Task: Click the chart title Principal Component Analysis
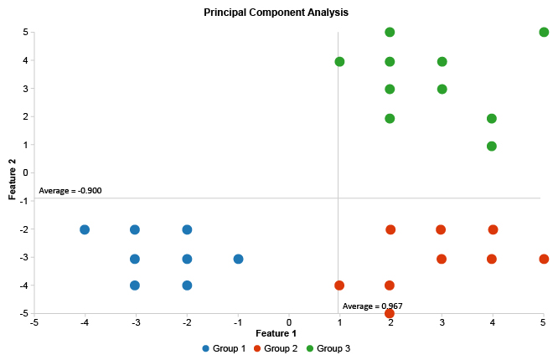point(276,13)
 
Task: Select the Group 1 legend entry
point(224,348)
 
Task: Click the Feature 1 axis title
point(288,333)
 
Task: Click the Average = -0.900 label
point(70,191)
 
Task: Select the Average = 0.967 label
point(372,306)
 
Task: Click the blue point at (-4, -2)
point(85,229)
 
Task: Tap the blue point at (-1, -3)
point(238,259)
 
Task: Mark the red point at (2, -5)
point(390,313)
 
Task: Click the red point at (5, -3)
point(544,259)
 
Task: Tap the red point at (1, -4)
point(339,285)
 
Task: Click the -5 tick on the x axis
point(34,321)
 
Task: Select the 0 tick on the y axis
point(26,172)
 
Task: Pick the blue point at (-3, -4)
point(135,285)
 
